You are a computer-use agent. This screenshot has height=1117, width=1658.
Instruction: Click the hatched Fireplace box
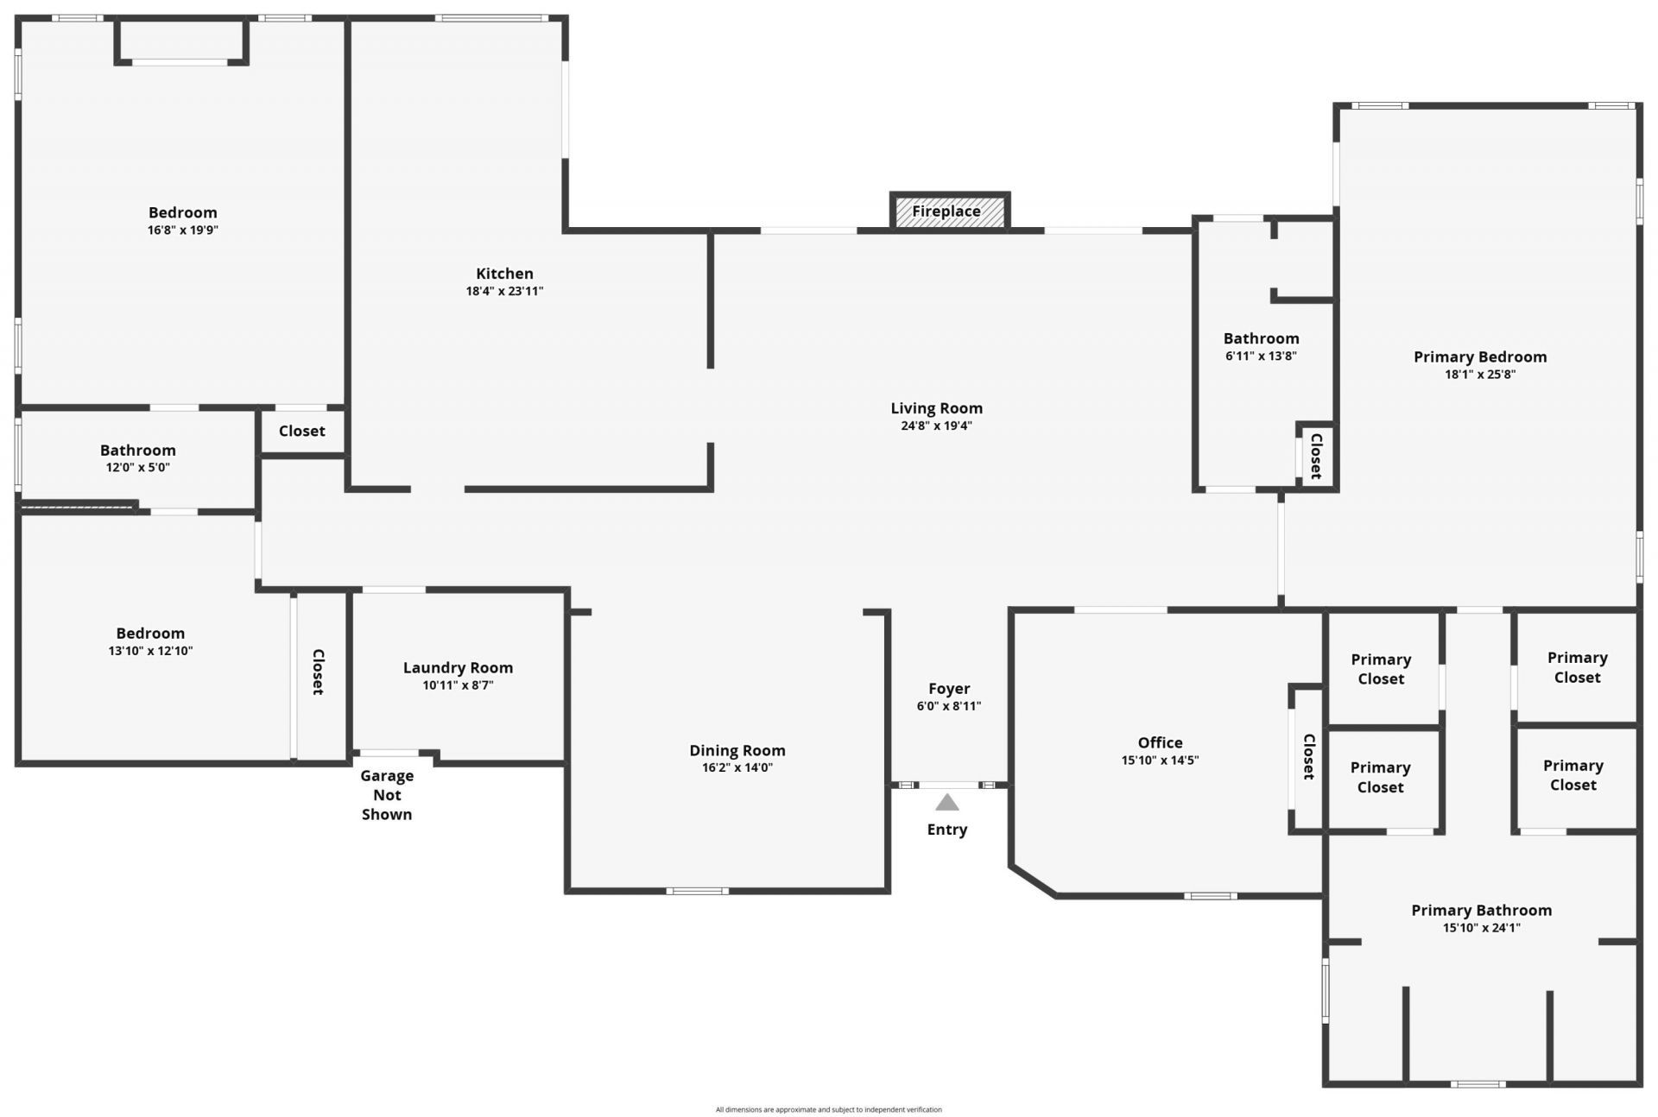[x=949, y=211]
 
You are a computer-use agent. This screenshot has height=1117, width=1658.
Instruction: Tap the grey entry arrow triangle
[x=947, y=803]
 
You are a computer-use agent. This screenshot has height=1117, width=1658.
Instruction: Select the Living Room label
[x=936, y=408]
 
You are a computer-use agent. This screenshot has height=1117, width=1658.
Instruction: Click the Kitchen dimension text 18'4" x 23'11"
[x=504, y=291]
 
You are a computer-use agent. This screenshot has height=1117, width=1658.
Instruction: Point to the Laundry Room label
[x=458, y=667]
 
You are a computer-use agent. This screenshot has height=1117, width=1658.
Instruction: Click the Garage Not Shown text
[x=387, y=795]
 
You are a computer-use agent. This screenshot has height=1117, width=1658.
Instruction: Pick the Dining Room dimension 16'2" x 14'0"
[x=737, y=767]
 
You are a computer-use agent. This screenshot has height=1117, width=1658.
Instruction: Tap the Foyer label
[x=949, y=689]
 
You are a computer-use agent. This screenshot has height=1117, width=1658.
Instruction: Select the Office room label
[x=1160, y=742]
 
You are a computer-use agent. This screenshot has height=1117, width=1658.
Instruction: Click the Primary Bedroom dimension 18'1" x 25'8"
[x=1480, y=375]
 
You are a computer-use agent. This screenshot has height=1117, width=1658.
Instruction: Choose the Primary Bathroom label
[x=1481, y=910]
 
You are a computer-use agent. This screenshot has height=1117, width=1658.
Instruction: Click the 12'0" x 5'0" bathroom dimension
[x=137, y=467]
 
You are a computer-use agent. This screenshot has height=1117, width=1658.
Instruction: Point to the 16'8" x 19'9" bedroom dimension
[x=182, y=230]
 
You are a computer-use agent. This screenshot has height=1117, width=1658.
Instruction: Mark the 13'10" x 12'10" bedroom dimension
[x=150, y=651]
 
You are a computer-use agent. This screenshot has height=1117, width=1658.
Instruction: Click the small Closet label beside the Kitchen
[x=301, y=431]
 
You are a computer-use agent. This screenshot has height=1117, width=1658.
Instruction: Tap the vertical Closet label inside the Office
[x=1308, y=757]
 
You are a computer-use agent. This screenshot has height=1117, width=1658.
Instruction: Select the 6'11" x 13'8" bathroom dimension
[x=1261, y=356]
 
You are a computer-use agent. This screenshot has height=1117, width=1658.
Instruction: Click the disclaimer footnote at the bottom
[x=828, y=1109]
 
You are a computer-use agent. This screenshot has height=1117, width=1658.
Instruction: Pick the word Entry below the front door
[x=947, y=830]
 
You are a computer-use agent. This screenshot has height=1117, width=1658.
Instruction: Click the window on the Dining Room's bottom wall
[x=697, y=891]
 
